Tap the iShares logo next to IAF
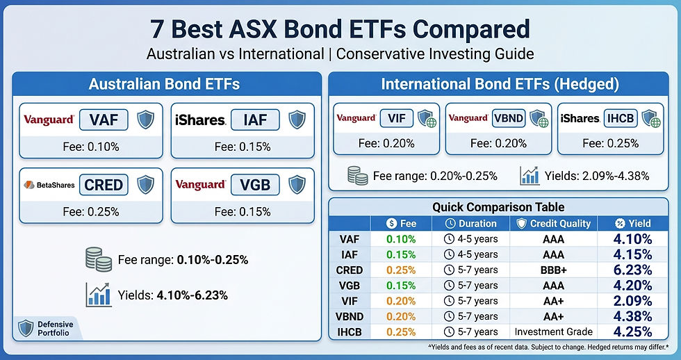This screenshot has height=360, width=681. tap(200, 120)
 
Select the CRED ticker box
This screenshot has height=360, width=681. tap(103, 185)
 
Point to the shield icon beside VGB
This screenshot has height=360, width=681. tap(297, 185)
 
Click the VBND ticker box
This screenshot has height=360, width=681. tap(508, 119)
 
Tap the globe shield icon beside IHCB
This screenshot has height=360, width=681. tap(650, 119)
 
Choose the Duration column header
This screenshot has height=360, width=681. tap(470, 223)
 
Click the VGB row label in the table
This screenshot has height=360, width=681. tap(350, 285)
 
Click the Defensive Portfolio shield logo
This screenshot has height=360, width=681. tap(25, 328)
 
